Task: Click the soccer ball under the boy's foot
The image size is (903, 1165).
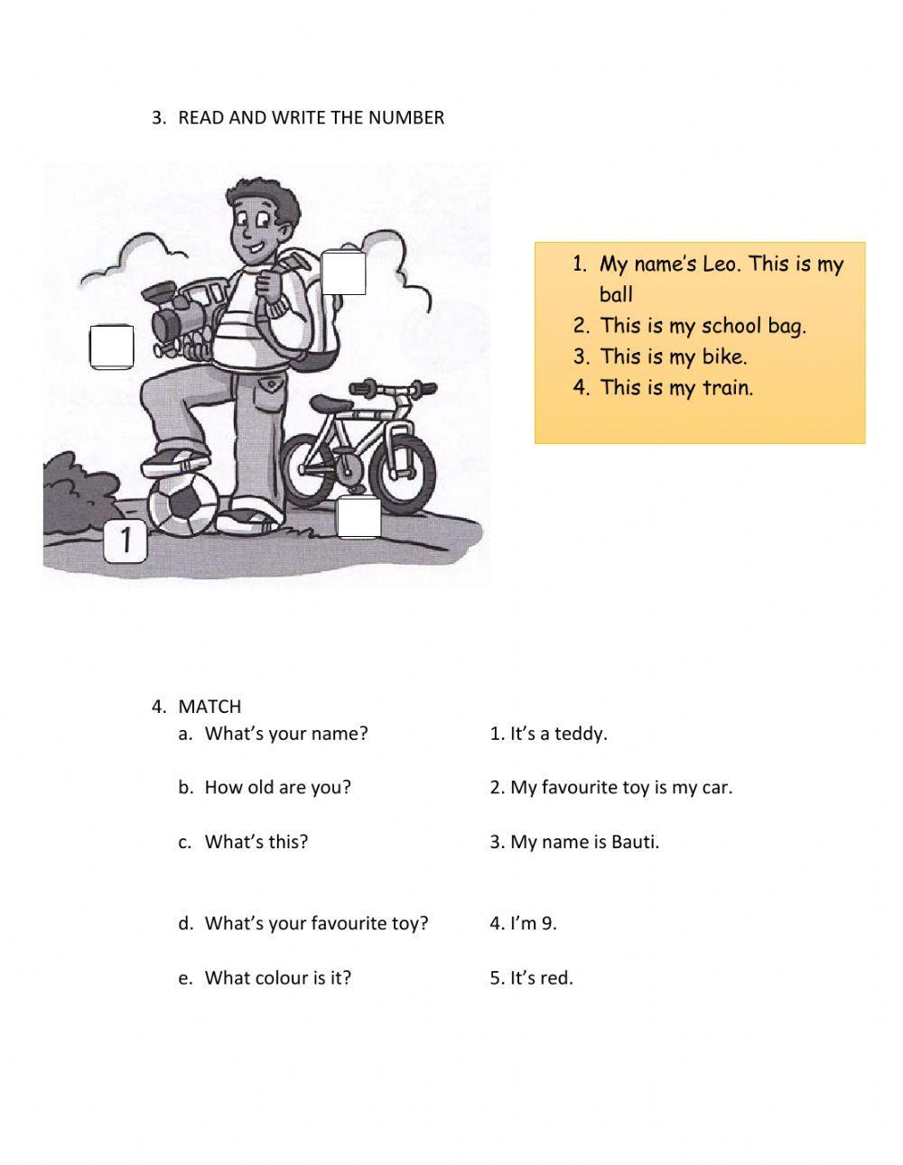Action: [182, 504]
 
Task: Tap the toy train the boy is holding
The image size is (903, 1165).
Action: [185, 315]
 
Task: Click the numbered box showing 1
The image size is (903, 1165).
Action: [126, 541]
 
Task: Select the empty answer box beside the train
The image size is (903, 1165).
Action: [112, 347]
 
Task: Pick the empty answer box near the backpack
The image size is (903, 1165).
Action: [344, 273]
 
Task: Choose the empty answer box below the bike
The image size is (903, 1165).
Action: [358, 518]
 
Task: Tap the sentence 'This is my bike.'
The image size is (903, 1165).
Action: [674, 356]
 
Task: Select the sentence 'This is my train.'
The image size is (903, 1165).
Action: [676, 388]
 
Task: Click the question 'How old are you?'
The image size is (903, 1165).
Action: [277, 787]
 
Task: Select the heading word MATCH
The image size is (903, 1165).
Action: [209, 707]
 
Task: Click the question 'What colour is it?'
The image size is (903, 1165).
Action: [277, 977]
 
